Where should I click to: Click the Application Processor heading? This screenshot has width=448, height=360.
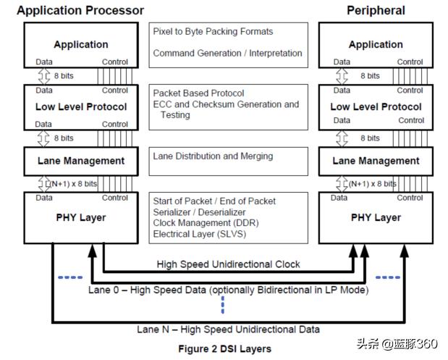point(80,10)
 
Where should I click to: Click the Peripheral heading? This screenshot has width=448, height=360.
point(376,10)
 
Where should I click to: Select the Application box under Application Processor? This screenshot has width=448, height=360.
point(81,44)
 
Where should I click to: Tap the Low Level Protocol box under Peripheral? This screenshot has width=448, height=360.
point(376,106)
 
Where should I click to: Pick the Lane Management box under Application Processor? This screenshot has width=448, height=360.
point(81,160)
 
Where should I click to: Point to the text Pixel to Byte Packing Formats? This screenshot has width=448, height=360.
point(213,32)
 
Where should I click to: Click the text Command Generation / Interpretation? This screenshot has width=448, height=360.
point(227,53)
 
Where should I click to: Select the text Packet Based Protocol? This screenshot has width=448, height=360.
point(198,93)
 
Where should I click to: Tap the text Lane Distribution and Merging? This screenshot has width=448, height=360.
point(213,156)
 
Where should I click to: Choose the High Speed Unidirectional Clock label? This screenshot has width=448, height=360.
point(228,264)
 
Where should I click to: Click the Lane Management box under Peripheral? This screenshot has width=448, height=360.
point(376,160)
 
